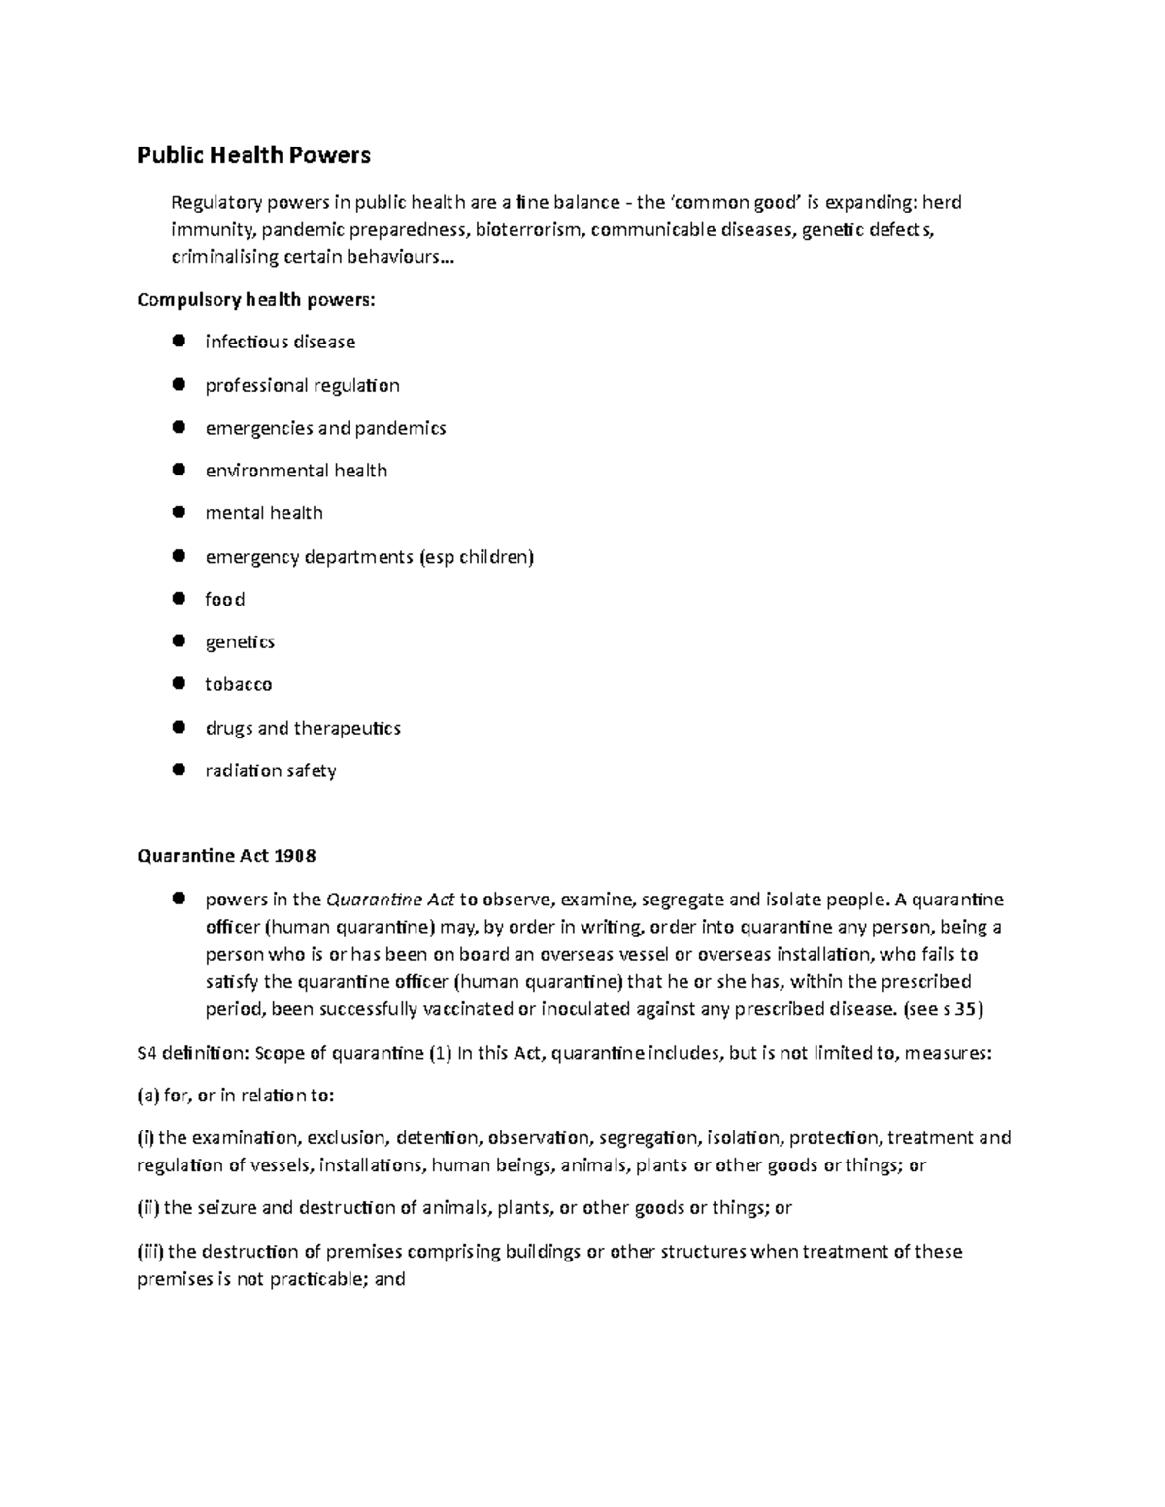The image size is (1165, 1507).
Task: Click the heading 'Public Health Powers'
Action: [253, 155]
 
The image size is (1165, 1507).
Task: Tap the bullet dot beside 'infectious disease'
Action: [178, 341]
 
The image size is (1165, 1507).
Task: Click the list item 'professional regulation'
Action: [302, 385]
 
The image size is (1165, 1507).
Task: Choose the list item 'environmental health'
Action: [296, 471]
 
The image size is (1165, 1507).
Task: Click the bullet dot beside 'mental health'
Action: [178, 511]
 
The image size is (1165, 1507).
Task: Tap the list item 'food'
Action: [224, 600]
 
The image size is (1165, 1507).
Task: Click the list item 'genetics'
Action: [240, 642]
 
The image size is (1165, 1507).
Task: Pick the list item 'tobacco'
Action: [238, 685]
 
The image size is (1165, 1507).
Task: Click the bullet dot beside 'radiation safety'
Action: [178, 770]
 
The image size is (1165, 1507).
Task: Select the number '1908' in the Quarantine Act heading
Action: [295, 856]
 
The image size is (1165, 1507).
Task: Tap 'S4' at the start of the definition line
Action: [148, 1053]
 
